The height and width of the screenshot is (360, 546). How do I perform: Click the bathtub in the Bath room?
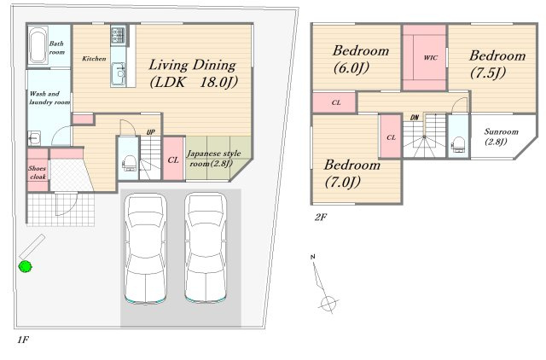(x=38, y=45)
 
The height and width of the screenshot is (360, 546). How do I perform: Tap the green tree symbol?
(x=25, y=267)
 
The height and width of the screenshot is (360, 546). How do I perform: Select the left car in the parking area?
(x=145, y=248)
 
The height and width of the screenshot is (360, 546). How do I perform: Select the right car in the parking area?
(x=206, y=248)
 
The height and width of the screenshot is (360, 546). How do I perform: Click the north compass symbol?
(x=324, y=284)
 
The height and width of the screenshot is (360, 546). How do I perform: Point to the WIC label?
(x=430, y=58)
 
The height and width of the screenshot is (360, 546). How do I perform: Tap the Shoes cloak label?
(x=38, y=172)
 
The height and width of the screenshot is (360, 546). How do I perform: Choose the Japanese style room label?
(x=214, y=159)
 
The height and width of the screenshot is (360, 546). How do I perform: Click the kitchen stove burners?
(x=118, y=35)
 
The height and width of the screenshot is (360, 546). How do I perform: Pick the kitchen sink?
(x=119, y=74)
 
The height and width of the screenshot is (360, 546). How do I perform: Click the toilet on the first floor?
(x=128, y=163)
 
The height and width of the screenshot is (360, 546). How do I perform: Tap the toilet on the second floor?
(x=457, y=145)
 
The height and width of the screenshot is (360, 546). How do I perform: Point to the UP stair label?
(x=150, y=132)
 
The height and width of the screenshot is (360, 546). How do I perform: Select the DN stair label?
(x=415, y=118)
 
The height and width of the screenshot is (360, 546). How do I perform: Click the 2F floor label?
(x=321, y=218)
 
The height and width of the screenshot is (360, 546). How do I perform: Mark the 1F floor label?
(x=23, y=340)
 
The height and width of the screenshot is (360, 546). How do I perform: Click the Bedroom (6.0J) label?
(x=360, y=60)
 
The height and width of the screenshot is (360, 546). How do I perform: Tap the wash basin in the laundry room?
(x=34, y=138)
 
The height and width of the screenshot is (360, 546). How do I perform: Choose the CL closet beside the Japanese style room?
(x=173, y=159)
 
